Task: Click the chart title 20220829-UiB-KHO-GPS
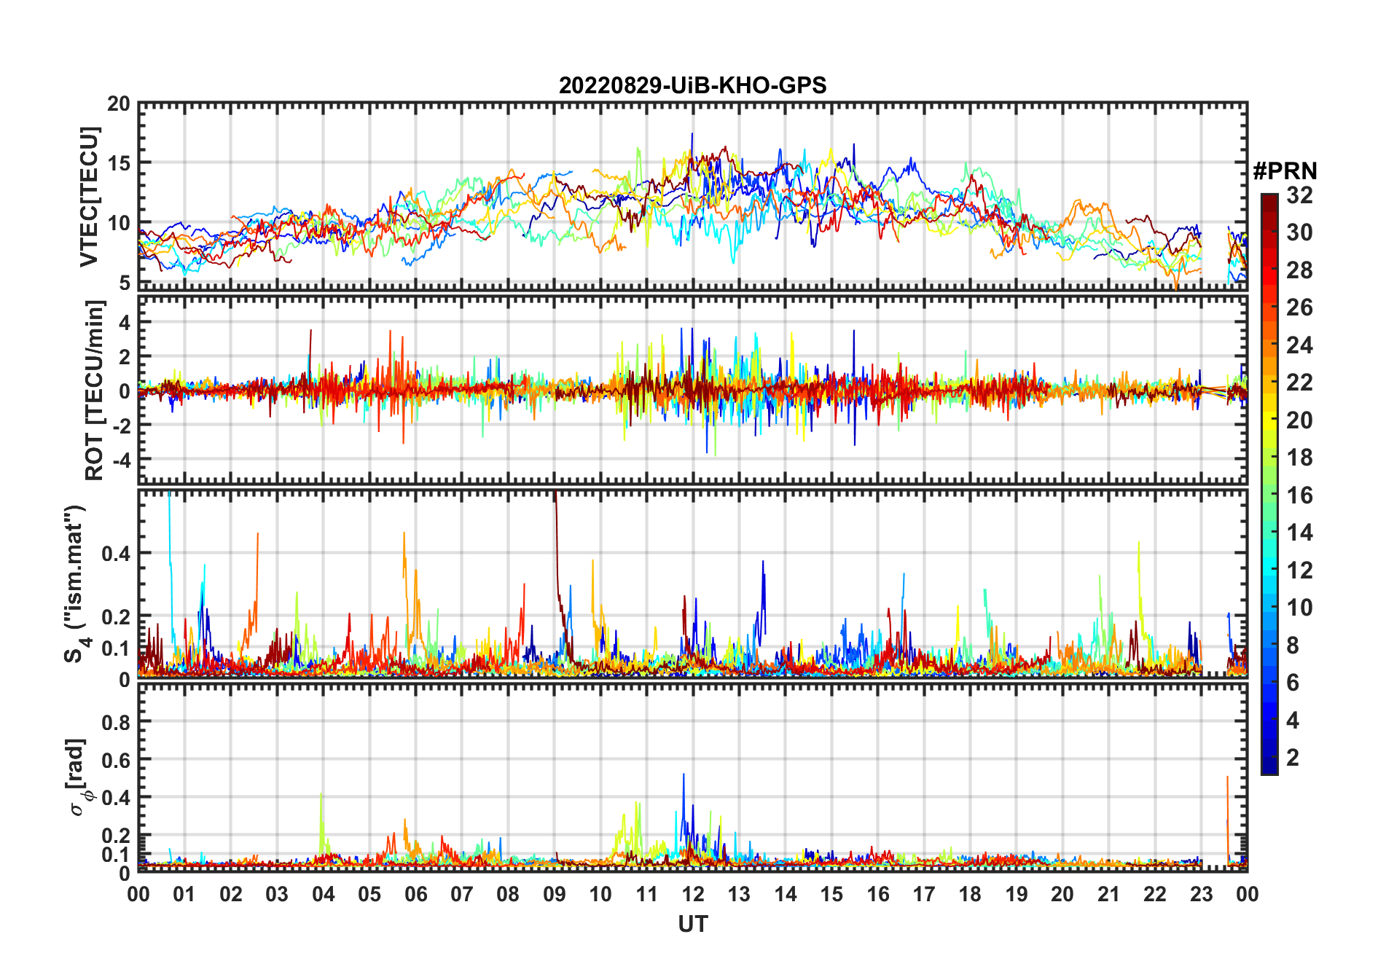[692, 86]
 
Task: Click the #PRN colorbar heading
[1285, 171]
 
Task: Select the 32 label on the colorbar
[1299, 195]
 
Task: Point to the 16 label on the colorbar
[1299, 495]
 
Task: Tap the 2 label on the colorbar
[1293, 758]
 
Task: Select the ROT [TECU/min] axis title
[95, 390]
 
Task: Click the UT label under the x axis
[692, 925]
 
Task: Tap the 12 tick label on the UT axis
[693, 895]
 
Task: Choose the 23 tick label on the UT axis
[1201, 895]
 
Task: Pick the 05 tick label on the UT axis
[369, 895]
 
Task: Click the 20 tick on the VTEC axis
[119, 104]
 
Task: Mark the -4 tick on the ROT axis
[119, 460]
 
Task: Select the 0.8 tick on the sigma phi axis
[116, 722]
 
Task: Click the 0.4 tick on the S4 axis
[116, 554]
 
